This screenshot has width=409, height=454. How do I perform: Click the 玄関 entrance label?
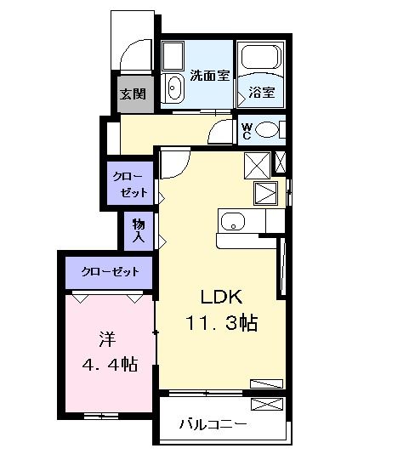coord(134,94)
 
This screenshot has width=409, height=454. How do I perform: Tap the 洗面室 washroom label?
coord(209,75)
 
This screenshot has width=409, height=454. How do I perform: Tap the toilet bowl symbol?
coord(267,130)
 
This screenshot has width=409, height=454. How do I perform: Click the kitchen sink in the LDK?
coord(232,223)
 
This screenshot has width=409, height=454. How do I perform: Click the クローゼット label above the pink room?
coord(110,272)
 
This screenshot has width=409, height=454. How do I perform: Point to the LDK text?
coord(222,297)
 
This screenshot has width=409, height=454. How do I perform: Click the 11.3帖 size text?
coord(222,323)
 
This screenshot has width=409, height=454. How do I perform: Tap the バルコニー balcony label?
coord(213,423)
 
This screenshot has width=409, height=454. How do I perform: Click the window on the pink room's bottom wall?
coord(100,416)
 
